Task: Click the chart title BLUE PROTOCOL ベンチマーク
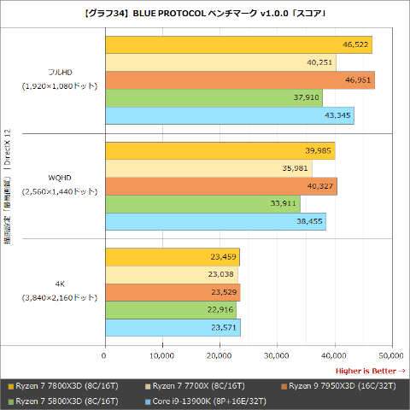(205, 12)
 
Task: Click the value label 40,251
(320, 62)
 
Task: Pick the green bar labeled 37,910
(213, 98)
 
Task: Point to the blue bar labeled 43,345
(229, 116)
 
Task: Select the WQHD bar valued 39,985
(219, 150)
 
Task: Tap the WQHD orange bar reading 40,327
(220, 186)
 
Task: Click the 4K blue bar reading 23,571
(172, 327)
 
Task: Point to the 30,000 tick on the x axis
(277, 356)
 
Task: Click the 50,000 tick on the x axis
(391, 356)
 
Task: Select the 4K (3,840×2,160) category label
(60, 291)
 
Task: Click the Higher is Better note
(370, 371)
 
